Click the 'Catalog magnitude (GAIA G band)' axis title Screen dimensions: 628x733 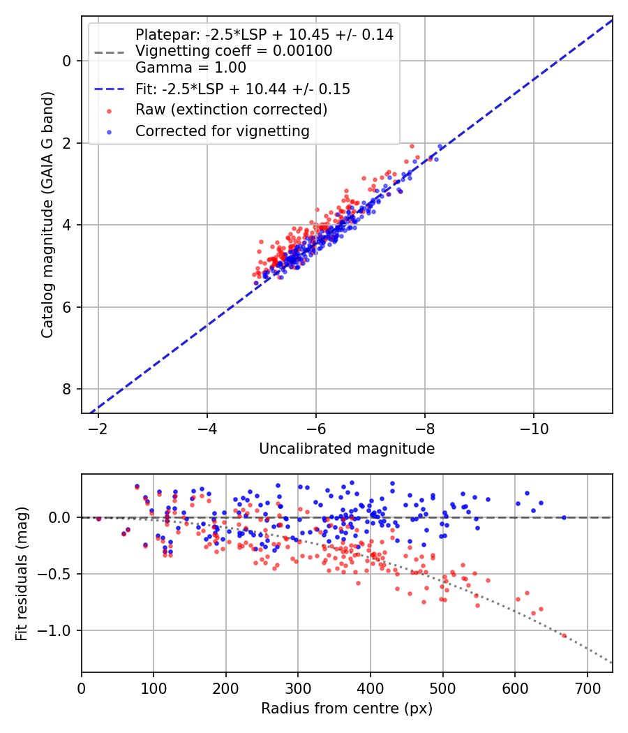point(47,214)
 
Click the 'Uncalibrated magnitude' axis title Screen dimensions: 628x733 point(347,449)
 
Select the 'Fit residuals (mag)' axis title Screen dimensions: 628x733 point(22,574)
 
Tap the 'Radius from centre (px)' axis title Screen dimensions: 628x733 point(347,709)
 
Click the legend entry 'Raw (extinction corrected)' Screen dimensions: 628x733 point(231,110)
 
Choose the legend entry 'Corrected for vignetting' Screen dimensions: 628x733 point(223,131)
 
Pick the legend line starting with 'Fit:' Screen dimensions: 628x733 point(243,89)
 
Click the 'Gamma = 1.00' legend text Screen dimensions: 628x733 point(190,67)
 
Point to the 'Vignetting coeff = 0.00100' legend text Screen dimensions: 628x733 point(234,50)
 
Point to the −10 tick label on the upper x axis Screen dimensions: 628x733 point(534,429)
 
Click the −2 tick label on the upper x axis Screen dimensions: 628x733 point(98,429)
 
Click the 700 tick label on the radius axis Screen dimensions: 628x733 point(588,688)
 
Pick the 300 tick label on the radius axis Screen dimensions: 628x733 point(298,688)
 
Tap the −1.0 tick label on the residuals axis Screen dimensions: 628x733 point(51,630)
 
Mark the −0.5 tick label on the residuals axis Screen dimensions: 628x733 point(51,574)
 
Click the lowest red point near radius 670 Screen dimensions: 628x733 point(564,636)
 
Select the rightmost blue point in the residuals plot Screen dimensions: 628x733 point(564,517)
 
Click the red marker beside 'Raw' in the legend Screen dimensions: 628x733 point(109,111)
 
